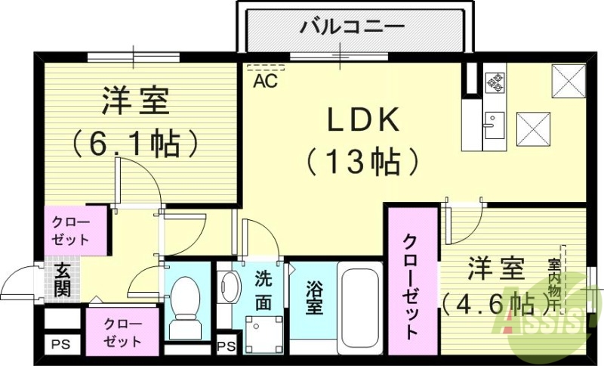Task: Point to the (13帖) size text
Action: click(362, 161)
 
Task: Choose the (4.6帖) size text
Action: click(495, 302)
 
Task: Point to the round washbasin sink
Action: click(229, 288)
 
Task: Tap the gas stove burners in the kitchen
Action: click(495, 82)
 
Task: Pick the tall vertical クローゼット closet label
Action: click(411, 285)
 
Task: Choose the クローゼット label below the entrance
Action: click(122, 332)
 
